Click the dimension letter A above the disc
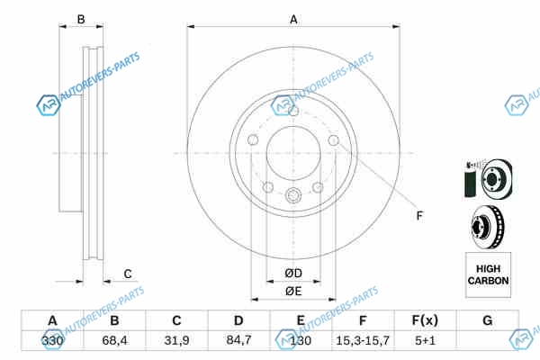[293, 19]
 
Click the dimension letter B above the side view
[81, 19]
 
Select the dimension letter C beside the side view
[128, 274]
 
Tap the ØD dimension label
[293, 274]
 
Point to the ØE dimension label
[293, 292]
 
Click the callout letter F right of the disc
[419, 216]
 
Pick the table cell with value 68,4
[114, 341]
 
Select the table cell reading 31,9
[176, 341]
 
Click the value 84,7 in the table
[238, 340]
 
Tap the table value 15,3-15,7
[363, 341]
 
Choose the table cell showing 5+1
[426, 341]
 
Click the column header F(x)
[425, 320]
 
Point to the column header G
[487, 320]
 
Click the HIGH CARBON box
[488, 274]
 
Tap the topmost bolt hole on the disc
[293, 112]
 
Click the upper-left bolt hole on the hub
[253, 139]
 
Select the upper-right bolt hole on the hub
[333, 140]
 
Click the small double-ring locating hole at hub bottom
[293, 195]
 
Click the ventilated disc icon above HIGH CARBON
[488, 227]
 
